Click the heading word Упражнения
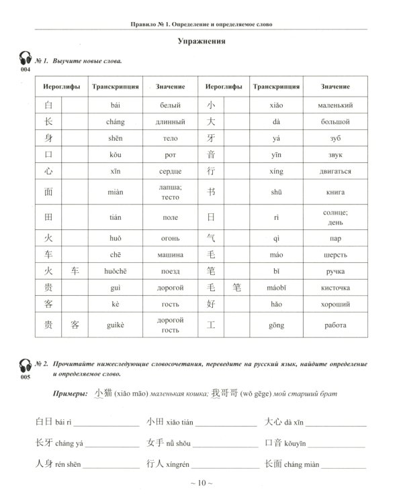[x=201, y=42]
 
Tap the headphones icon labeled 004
[x=26, y=60]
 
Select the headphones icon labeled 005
[x=26, y=367]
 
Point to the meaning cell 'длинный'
[x=165, y=122]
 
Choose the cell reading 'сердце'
[x=165, y=172]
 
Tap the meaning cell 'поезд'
[x=165, y=271]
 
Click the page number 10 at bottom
[x=201, y=483]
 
